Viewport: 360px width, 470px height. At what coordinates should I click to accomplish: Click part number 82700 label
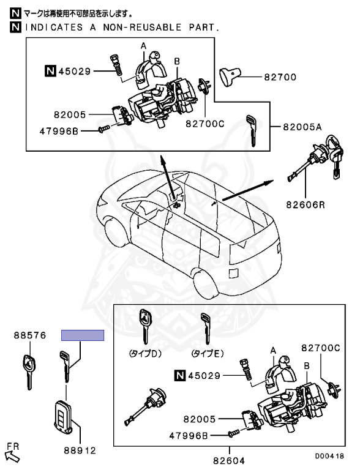point(280,77)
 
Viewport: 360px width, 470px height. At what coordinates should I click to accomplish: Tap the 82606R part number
point(306,205)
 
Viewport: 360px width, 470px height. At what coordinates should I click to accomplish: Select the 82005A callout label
point(302,127)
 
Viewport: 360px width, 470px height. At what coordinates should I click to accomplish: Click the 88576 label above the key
point(30,335)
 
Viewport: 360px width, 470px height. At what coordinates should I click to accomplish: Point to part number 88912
point(80,450)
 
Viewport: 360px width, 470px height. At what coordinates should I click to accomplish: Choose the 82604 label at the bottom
point(229,460)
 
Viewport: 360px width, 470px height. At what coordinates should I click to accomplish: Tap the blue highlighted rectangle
point(83,335)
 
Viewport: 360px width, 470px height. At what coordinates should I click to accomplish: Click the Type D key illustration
point(145,327)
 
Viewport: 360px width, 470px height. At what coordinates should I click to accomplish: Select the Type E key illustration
point(206,328)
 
